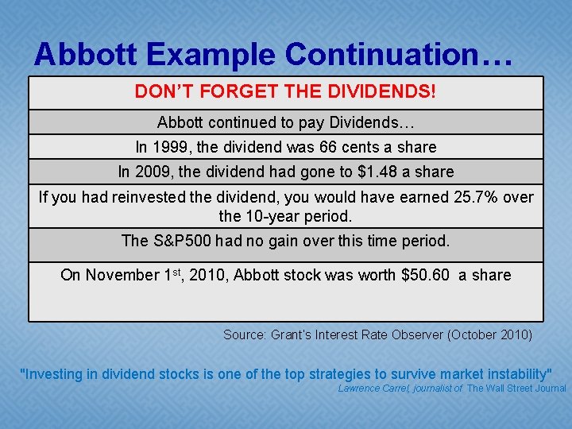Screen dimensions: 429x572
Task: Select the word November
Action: [x=122, y=275]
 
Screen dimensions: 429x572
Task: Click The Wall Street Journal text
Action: [x=516, y=388]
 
